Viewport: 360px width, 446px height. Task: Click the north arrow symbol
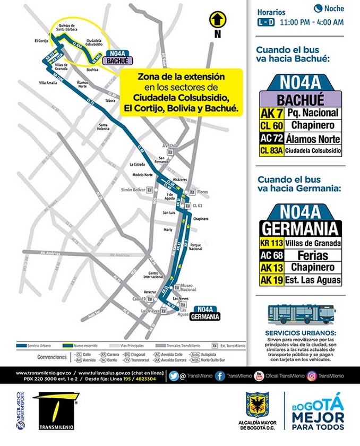217,20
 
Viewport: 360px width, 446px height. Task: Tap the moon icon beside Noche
318,8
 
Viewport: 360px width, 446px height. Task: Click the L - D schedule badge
266,22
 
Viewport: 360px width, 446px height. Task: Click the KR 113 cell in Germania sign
271,243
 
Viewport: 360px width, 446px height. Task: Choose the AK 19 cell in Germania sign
271,280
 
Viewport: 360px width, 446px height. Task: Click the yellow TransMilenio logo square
53,408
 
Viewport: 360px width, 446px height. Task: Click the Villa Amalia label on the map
47,83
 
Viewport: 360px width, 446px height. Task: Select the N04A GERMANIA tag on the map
207,313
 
